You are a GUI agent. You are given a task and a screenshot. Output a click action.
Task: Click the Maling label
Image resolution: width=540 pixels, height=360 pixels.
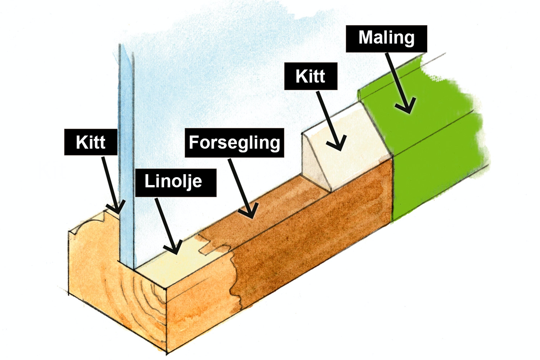click(386, 39)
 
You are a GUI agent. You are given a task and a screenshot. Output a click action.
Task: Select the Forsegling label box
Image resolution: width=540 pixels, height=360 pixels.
click(234, 143)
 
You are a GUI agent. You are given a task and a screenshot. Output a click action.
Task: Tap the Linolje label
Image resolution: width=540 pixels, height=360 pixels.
click(176, 182)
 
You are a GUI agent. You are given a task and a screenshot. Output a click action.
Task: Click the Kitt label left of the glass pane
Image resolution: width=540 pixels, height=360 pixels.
click(91, 142)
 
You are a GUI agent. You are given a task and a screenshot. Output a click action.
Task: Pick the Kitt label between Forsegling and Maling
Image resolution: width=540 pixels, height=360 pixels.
click(311, 76)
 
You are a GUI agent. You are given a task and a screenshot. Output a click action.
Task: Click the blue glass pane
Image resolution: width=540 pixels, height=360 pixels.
click(126, 144)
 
